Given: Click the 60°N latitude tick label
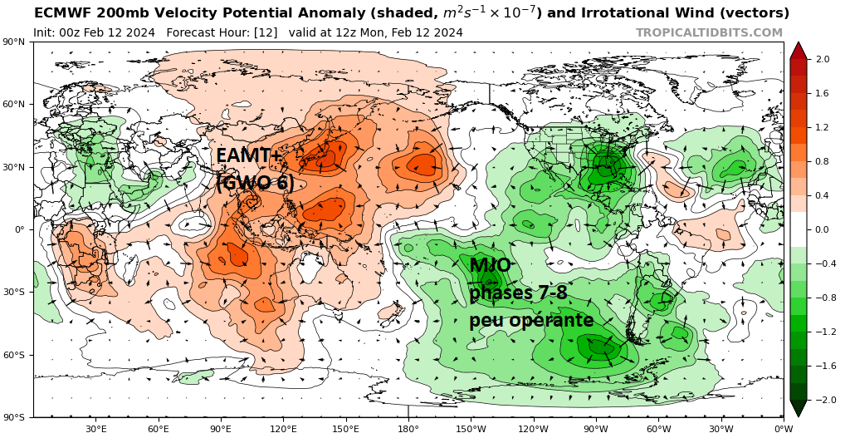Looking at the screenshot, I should point(16,104).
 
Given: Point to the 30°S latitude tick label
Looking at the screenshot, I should point(16,292).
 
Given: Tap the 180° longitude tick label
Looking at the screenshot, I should point(408,429).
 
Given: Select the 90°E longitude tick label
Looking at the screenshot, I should point(221,429).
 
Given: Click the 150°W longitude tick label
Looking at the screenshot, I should point(471,429).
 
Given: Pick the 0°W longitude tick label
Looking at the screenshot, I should point(783,429).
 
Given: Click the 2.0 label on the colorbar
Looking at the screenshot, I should point(823,59).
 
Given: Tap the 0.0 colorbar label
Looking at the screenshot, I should point(823,229).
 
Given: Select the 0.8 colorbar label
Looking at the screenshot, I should point(823,161).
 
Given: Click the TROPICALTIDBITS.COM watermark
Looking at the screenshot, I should point(709,32).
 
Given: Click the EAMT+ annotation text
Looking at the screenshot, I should point(249,155).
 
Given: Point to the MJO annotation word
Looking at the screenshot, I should point(490,266).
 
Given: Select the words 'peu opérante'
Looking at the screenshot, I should point(531,320).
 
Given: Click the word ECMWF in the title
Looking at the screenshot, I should point(60,13).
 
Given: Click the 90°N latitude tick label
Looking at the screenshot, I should point(16,42).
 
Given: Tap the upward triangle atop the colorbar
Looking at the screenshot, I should point(799,50).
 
